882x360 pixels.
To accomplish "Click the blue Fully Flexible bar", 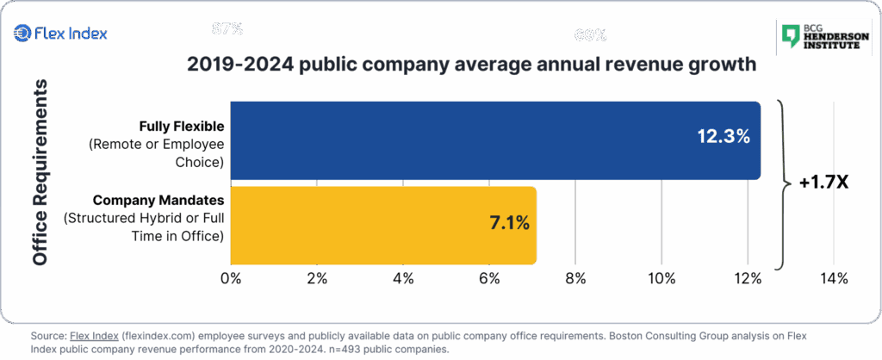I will coord(495,140).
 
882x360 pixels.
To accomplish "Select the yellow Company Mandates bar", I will coord(383,226).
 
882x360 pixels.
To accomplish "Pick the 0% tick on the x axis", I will coord(231,278).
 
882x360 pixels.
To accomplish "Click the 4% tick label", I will coord(403,278).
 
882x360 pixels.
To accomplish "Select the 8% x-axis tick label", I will coord(575,278).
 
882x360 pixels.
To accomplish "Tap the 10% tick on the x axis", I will coord(661,278).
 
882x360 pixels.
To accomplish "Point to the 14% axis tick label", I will coord(834,278).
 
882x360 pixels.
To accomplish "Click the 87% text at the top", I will coord(227,28).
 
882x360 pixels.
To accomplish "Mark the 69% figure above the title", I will coord(591,36).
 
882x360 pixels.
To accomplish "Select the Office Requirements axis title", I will coord(39,173).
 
